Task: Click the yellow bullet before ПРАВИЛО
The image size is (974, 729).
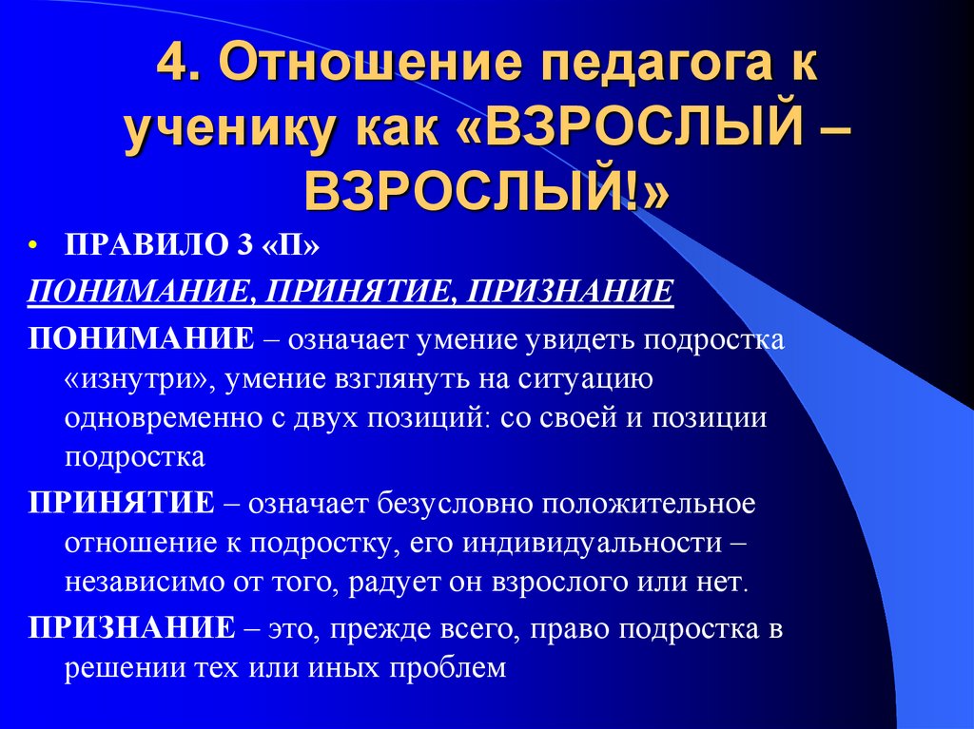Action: pos(33,245)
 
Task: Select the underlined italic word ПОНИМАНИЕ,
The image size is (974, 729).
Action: pos(139,289)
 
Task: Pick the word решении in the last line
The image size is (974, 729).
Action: pos(121,667)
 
